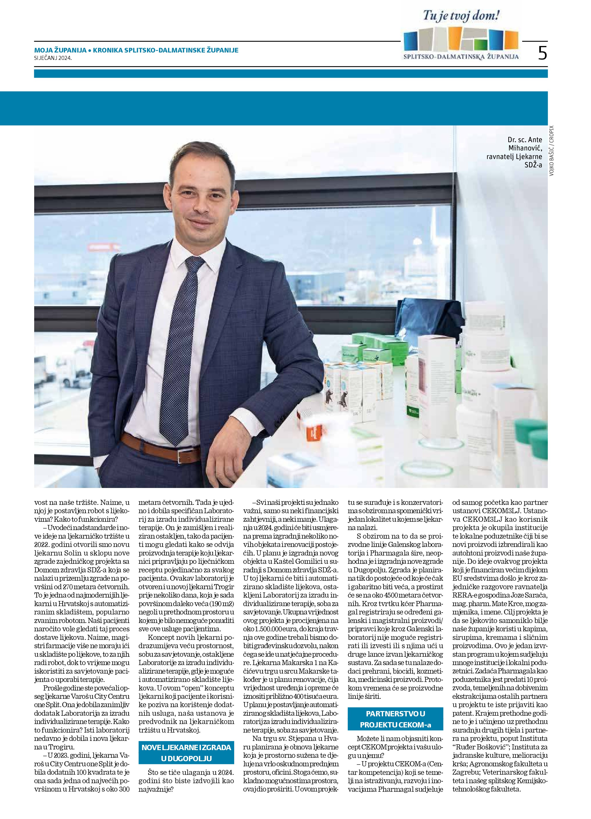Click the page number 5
542,53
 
